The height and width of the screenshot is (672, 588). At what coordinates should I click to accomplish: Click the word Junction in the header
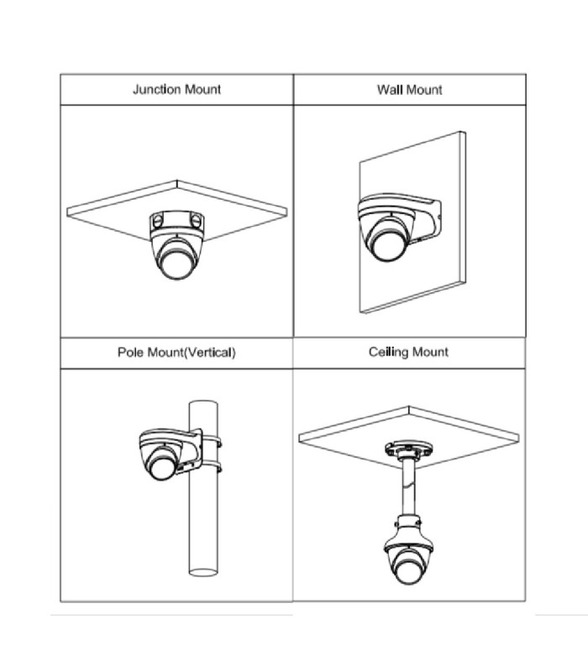tap(157, 89)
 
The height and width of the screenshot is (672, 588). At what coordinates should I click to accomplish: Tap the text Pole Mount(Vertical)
tap(176, 352)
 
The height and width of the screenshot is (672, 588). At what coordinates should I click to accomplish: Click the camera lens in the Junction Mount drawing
tap(176, 264)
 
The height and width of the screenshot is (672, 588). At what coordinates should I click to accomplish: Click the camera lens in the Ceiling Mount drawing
tap(408, 569)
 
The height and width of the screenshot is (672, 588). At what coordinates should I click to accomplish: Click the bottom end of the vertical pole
tap(203, 572)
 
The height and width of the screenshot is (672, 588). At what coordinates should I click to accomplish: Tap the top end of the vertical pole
tap(203, 404)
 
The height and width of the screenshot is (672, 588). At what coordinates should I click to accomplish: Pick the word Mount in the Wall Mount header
tap(424, 90)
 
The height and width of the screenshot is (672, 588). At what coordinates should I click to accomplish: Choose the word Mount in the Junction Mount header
tap(202, 89)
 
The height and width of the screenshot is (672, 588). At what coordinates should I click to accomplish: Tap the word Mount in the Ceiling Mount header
tap(430, 352)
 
